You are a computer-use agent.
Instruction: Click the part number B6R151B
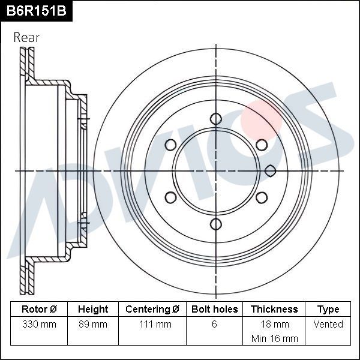(x=35, y=11)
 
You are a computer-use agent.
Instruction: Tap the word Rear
(x=26, y=37)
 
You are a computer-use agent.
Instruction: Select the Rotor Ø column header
(x=39, y=309)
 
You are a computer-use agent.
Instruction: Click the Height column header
(x=93, y=309)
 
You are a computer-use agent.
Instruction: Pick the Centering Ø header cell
(x=152, y=309)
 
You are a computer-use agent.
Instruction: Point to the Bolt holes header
(x=214, y=309)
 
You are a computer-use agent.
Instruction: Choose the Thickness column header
(x=274, y=309)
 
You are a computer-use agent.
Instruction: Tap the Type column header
(x=328, y=309)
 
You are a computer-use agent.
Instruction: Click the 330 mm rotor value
(x=39, y=324)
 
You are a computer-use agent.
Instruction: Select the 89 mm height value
(x=93, y=324)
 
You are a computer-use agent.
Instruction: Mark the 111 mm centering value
(x=152, y=324)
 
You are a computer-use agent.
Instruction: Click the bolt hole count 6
(x=214, y=324)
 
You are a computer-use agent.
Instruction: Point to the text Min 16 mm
(x=274, y=338)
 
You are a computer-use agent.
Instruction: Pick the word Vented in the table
(x=328, y=324)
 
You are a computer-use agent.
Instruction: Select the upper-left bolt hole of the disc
(x=170, y=145)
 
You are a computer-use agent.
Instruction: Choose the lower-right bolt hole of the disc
(x=261, y=197)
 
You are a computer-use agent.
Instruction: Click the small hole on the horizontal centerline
(x=270, y=170)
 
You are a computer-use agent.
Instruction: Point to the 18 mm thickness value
(x=274, y=324)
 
